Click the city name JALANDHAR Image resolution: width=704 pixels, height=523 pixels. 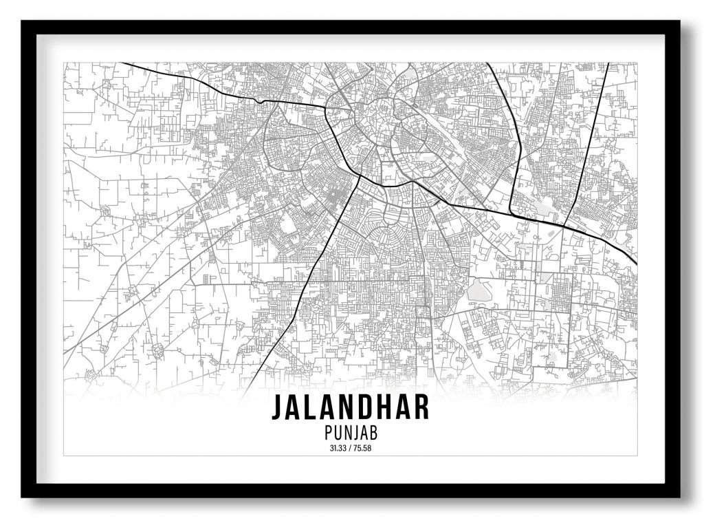coord(351,407)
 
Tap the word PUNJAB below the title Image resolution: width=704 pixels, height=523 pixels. coord(351,434)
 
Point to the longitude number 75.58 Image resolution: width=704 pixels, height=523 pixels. coord(363,450)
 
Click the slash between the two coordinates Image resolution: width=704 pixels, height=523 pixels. coord(351,450)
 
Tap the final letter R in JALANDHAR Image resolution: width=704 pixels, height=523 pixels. coord(421,407)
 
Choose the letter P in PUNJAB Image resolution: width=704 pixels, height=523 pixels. coord(327,434)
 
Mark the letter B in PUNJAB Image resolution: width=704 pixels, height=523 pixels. coord(375,434)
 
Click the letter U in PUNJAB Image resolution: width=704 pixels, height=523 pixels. coord(336,434)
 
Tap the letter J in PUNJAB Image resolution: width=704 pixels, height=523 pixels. coord(356,434)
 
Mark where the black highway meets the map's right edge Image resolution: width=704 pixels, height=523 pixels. coord(636,263)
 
